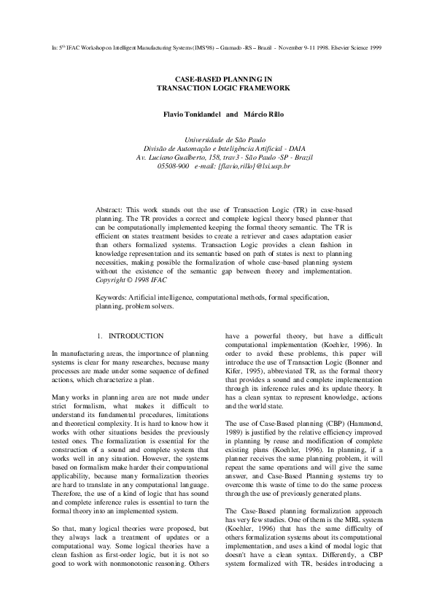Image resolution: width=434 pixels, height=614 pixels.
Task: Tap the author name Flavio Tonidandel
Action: point(191,114)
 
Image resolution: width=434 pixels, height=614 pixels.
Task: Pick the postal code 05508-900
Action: point(173,166)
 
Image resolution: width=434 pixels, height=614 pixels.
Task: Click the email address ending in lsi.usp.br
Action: point(254,166)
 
